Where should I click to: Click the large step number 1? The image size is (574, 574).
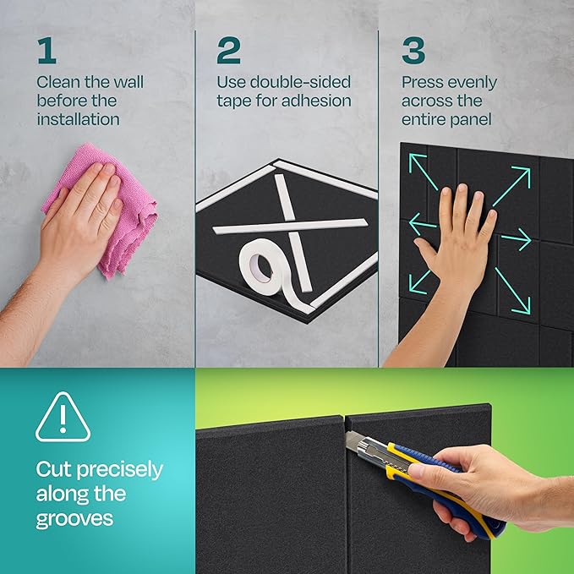coord(47,50)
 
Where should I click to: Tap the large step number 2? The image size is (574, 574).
coord(228,50)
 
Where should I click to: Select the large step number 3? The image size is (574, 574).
coord(413,50)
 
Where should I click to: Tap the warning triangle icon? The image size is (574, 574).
coord(63,418)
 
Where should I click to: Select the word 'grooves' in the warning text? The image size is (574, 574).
coord(74,520)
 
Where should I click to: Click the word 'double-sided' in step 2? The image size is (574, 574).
coord(300,82)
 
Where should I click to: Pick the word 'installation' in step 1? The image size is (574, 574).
coord(79,119)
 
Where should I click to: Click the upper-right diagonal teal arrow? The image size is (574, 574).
coord(512,186)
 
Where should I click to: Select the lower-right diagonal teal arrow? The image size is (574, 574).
coord(512,292)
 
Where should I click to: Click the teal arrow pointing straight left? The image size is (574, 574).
coord(423,224)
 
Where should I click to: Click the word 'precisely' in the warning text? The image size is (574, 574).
coord(120,470)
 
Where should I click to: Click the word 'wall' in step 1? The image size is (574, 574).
coord(128,82)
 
